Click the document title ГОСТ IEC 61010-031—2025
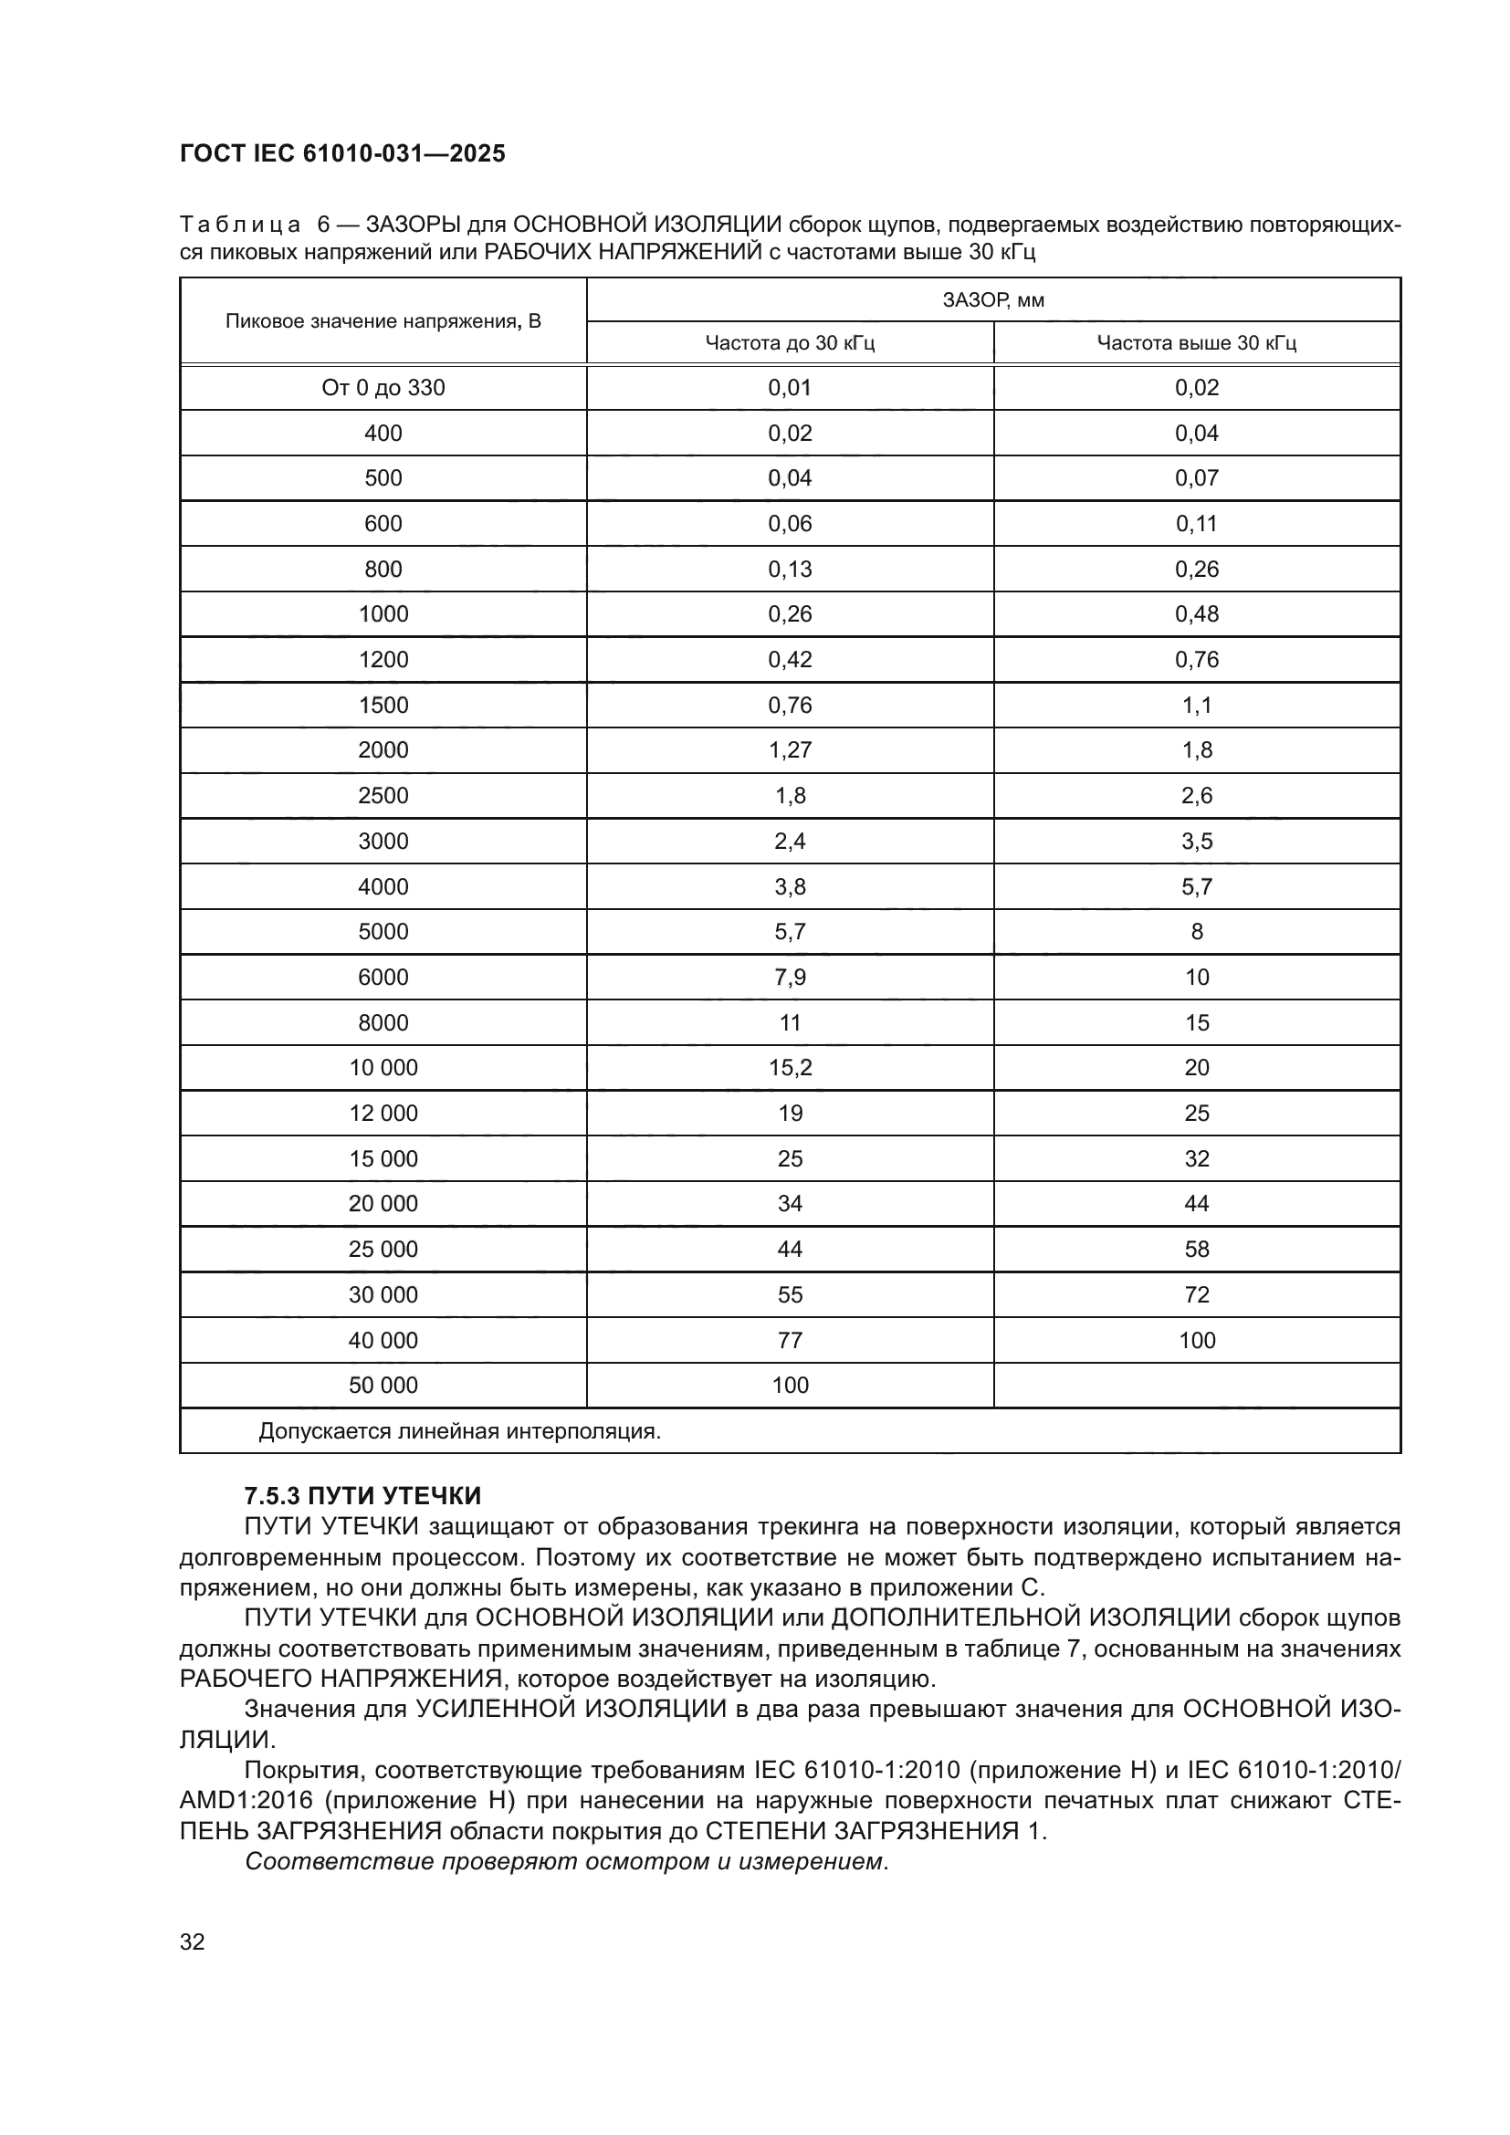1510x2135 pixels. (x=342, y=153)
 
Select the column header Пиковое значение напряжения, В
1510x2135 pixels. (x=383, y=321)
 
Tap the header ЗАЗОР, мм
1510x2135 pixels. (x=993, y=299)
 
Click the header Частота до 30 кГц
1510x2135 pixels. (x=790, y=343)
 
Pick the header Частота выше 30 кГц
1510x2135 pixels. (x=1197, y=343)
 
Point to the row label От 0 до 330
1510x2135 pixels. (x=383, y=388)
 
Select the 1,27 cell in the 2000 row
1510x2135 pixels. (x=790, y=749)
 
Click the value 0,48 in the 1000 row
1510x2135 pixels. (x=1197, y=613)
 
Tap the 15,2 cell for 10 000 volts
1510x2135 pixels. (x=790, y=1068)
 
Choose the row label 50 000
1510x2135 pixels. (x=383, y=1385)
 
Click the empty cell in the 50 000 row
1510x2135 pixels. (x=1197, y=1385)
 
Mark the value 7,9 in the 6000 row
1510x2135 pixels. (x=790, y=978)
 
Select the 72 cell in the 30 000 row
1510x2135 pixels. (x=1197, y=1294)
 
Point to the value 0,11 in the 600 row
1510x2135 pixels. (x=1197, y=524)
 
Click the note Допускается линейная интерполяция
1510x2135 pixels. (x=459, y=1431)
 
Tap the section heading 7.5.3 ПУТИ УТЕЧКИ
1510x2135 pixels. (x=362, y=1496)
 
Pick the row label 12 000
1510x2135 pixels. (x=383, y=1113)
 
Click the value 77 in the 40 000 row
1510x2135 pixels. (x=790, y=1340)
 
